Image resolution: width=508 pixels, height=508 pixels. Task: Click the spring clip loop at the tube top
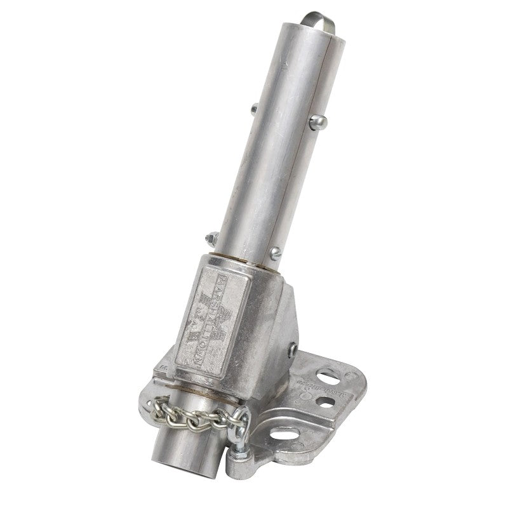pyautogui.click(x=317, y=19)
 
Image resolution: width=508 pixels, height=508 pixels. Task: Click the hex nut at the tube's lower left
pyautogui.click(x=211, y=240)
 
